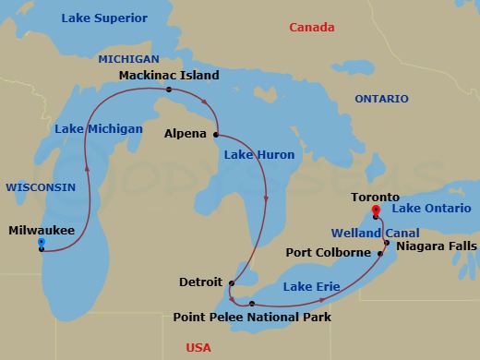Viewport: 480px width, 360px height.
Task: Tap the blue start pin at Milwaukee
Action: pyautogui.click(x=41, y=243)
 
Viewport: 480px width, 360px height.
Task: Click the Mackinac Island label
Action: pyautogui.click(x=169, y=73)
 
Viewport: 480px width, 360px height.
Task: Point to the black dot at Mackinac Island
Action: pyautogui.click(x=168, y=90)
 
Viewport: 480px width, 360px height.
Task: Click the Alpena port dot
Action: pyautogui.click(x=216, y=134)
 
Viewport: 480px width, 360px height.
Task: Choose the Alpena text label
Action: pyautogui.click(x=186, y=134)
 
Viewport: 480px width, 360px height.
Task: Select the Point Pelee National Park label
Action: pyautogui.click(x=252, y=318)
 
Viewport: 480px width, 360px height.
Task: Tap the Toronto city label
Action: pyautogui.click(x=376, y=197)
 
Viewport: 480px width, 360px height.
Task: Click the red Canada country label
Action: pyautogui.click(x=312, y=28)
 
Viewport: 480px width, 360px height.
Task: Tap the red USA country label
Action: pyautogui.click(x=198, y=347)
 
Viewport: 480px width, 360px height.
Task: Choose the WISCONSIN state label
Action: pyautogui.click(x=41, y=186)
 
